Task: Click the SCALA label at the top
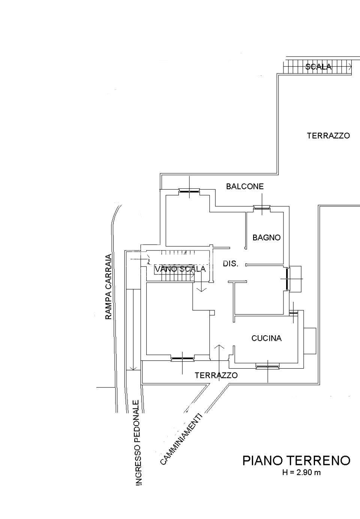tap(318, 67)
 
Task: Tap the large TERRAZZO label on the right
tap(328, 136)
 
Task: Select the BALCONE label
tap(245, 186)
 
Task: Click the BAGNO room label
tap(266, 237)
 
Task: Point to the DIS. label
tap(231, 264)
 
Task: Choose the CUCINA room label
tap(266, 338)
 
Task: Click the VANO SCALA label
tap(180, 269)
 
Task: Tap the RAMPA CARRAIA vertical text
tap(109, 287)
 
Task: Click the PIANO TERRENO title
tap(296, 460)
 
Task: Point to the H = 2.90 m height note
tap(301, 472)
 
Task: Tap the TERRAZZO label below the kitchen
tap(216, 375)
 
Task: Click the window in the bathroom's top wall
tap(261, 208)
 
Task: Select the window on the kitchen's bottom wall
tap(267, 366)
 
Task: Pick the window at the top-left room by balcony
tap(189, 191)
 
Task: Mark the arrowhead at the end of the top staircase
tap(350, 67)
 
